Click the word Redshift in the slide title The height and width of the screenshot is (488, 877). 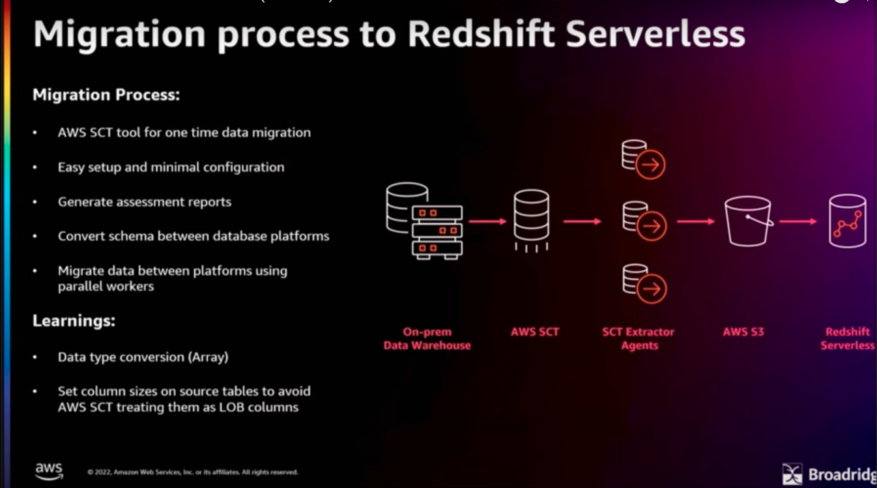(481, 34)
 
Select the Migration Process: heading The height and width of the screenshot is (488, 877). (106, 94)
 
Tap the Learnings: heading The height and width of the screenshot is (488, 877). (74, 321)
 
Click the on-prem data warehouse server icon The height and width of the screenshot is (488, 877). (424, 221)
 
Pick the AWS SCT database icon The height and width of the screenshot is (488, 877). (531, 220)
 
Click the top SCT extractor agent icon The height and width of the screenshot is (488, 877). (643, 160)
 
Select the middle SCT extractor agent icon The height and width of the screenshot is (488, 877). (644, 221)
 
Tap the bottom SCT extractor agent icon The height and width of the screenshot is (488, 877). (644, 284)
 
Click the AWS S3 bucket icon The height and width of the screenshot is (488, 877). (748, 222)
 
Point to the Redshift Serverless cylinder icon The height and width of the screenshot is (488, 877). (847, 222)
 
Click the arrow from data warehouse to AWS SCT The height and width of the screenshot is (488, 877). (487, 222)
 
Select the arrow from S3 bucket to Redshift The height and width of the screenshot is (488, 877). (798, 222)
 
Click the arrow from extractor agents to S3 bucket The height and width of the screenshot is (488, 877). (695, 222)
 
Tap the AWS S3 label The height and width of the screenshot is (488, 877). (743, 332)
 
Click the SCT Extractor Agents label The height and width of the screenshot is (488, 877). (639, 339)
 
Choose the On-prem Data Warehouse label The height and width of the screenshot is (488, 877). (427, 339)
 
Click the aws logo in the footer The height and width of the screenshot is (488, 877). (49, 471)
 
